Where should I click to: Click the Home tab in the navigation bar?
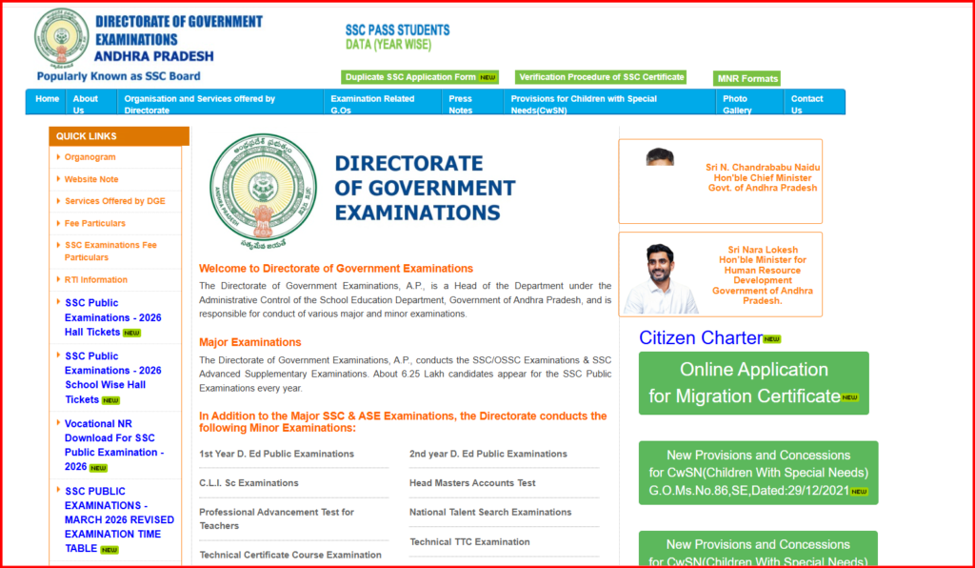pos(47,99)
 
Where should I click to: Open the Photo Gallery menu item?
pos(736,104)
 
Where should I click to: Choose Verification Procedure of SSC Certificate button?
pos(601,77)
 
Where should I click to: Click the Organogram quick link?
pos(90,157)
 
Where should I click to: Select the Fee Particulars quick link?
pos(94,223)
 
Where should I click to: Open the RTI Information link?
pos(95,279)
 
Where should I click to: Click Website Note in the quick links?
pos(91,179)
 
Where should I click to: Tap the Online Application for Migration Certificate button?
pos(752,383)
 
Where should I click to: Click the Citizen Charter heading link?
pos(701,337)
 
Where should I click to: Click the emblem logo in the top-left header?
pos(61,38)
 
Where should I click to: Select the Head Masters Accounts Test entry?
pos(472,483)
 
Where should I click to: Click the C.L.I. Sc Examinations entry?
pos(249,483)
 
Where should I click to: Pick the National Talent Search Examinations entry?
pos(490,512)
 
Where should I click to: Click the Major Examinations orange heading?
pos(249,342)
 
